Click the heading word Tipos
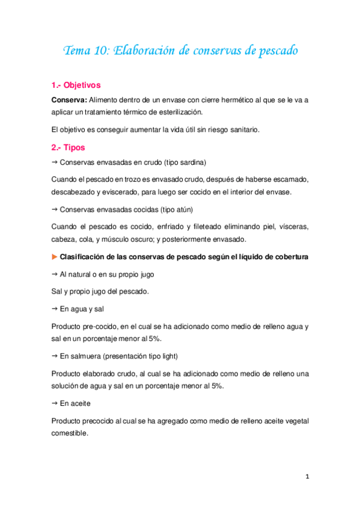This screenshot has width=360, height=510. tap(74, 147)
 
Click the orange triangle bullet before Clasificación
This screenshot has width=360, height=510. tap(55, 257)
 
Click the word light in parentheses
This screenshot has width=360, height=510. tap(160, 357)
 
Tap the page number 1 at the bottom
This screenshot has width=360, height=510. tap(307, 477)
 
